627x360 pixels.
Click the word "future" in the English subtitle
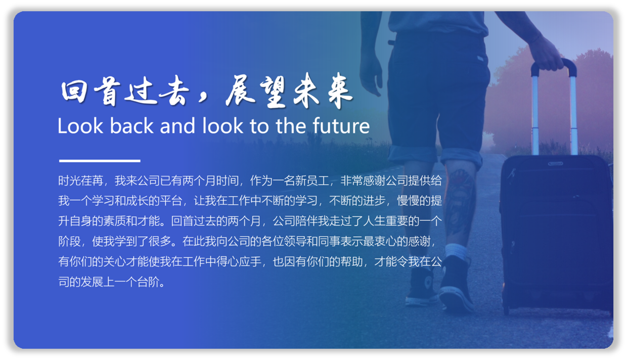(341, 126)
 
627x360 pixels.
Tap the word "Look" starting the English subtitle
(80, 126)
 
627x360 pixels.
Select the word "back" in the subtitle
(131, 125)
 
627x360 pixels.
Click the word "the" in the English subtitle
(291, 125)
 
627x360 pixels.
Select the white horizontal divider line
(100, 161)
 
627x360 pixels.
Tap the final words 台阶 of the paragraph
(148, 282)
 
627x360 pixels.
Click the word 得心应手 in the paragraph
(239, 262)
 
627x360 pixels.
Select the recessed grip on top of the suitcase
(555, 163)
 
